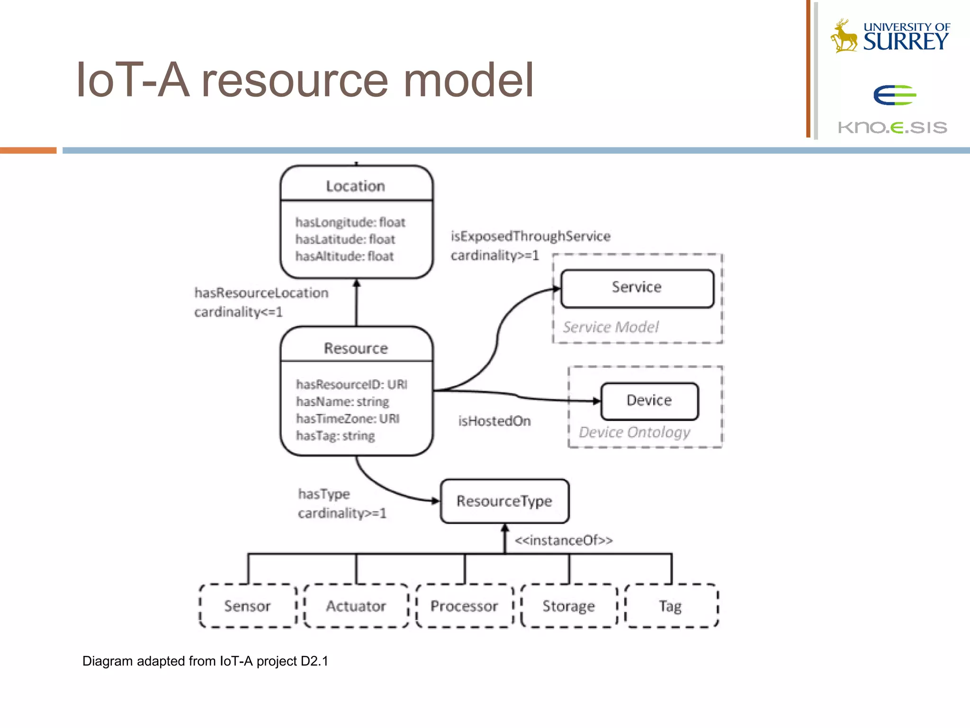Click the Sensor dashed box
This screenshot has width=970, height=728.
coord(248,606)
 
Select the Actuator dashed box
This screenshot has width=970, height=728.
coord(356,606)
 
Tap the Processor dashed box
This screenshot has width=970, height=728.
coord(464,606)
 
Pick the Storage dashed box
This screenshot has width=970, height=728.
coord(568,606)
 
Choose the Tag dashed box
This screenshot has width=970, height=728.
coord(671,606)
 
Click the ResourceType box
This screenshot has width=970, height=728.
coord(504,501)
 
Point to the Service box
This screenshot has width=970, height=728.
coord(637,288)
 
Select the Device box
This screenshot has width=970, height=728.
coord(649,400)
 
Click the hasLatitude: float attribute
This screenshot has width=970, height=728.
coord(345,239)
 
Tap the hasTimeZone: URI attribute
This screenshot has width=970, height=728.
coord(348,419)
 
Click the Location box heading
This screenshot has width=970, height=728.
coord(355,186)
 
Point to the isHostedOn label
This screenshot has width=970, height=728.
coord(494,421)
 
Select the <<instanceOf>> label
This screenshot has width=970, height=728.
coord(564,540)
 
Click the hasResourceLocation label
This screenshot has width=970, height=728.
coord(261,293)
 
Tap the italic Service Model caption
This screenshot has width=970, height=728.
coord(611,327)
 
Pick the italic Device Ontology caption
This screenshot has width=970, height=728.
coord(634,432)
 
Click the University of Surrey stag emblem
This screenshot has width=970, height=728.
coord(844,36)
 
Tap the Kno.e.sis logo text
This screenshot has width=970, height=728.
coord(892,127)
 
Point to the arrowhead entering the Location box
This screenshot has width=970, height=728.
coord(357,283)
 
